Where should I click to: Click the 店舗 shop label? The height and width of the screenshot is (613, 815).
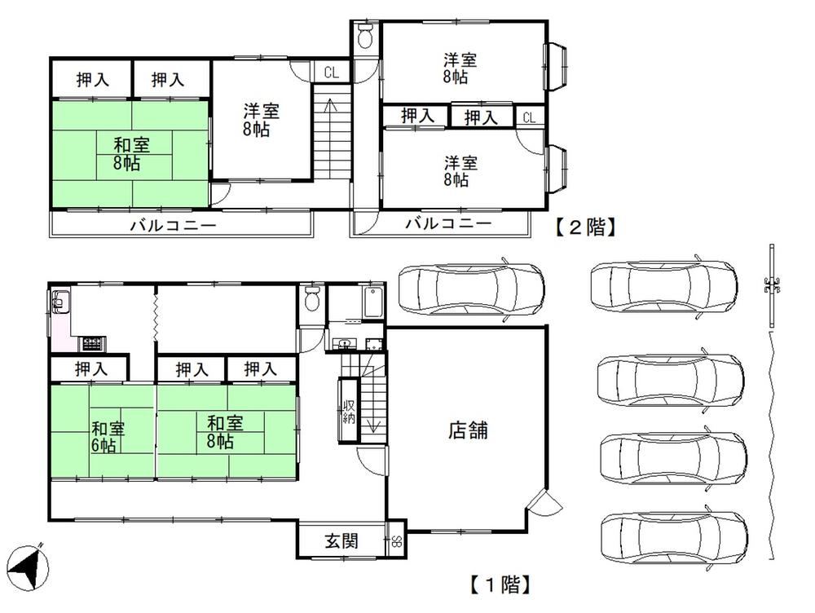click(x=468, y=430)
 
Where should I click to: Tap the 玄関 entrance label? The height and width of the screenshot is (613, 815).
click(x=341, y=540)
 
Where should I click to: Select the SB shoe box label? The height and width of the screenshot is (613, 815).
click(x=397, y=541)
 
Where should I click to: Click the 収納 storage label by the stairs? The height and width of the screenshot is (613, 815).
click(x=348, y=412)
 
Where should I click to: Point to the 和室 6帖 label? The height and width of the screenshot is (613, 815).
click(x=108, y=437)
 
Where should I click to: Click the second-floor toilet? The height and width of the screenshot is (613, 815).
click(x=366, y=35)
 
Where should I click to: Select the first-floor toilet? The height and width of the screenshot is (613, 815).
click(x=312, y=298)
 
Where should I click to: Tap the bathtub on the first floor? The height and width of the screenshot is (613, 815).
click(x=373, y=302)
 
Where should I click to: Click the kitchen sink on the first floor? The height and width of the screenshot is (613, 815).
click(x=60, y=302)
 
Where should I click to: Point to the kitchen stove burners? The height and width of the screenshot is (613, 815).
click(x=92, y=343)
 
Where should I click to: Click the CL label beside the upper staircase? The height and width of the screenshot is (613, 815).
click(x=331, y=73)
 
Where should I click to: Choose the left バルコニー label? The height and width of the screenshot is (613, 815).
click(x=173, y=226)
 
